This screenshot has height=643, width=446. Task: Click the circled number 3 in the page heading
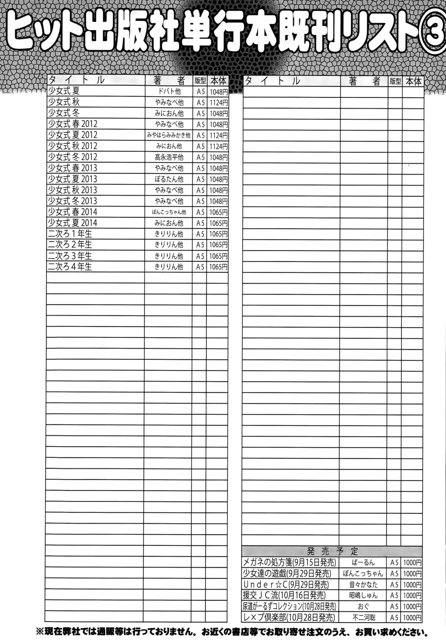click(434, 35)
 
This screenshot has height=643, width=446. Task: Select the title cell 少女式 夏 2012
click(72, 135)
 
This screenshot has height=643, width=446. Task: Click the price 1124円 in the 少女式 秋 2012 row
click(218, 146)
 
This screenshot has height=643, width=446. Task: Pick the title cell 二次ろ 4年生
click(70, 267)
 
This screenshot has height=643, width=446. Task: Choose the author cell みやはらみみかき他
click(169, 135)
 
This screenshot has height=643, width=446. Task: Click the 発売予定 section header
click(332, 551)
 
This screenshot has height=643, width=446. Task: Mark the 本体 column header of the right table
click(413, 81)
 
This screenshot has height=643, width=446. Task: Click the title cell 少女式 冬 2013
click(72, 201)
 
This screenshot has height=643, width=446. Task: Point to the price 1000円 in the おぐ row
click(412, 607)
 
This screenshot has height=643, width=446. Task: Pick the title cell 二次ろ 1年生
click(70, 234)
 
